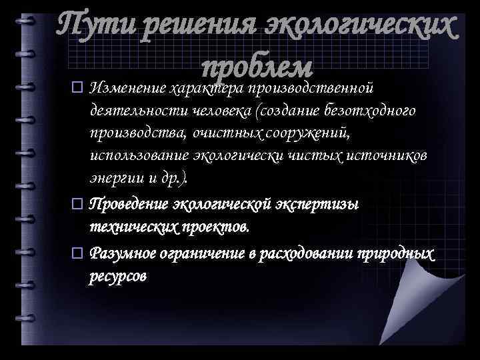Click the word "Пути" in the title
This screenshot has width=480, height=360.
click(x=89, y=28)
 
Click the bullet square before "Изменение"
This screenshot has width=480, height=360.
click(x=77, y=87)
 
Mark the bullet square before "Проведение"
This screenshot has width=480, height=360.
click(x=77, y=203)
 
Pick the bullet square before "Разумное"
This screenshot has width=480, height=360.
click(x=77, y=253)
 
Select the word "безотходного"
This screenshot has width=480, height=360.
click(x=375, y=111)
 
